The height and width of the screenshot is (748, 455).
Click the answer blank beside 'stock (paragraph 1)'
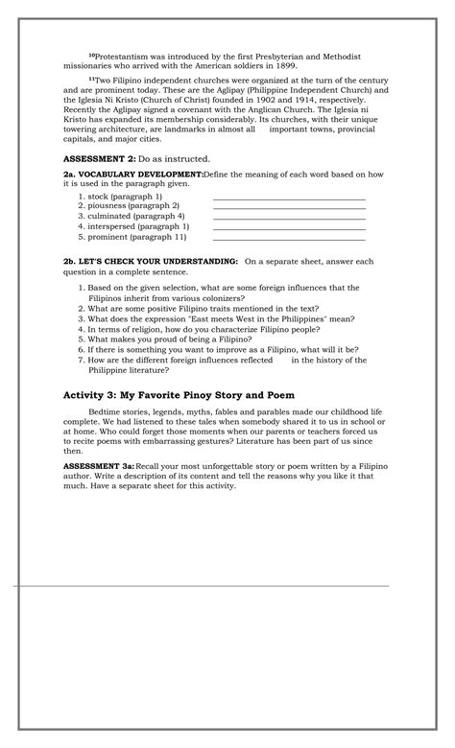[x=289, y=198]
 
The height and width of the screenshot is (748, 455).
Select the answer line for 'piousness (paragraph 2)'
[x=289, y=208]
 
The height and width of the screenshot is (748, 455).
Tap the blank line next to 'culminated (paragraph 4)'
[x=289, y=219]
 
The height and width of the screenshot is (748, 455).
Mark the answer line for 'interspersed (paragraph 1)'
[x=289, y=229]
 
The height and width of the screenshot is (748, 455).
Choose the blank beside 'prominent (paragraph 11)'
[x=289, y=240]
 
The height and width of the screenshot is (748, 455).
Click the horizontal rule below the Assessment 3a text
[x=202, y=585]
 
